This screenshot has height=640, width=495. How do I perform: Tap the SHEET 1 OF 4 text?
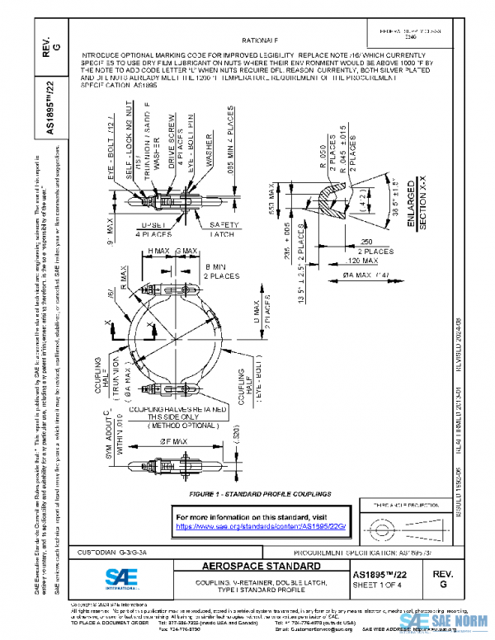pos(380,585)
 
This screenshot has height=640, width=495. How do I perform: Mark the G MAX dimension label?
pos(184,250)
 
